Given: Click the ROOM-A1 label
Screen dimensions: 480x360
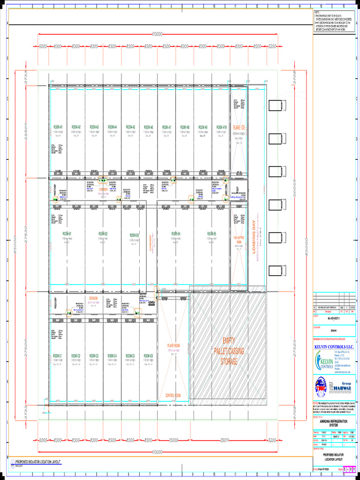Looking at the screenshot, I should pos(58,127).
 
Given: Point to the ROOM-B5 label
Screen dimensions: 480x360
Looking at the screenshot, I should pos(212,234).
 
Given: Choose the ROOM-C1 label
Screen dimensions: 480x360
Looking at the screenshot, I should pos(58,356).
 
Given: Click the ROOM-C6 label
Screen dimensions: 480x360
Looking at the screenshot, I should pos(148,356).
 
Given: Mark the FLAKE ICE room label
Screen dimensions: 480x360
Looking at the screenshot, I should pos(239,127).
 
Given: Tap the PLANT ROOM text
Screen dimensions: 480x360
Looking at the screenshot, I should pos(173,346).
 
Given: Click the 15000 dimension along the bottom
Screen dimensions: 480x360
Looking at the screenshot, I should pos(173,440).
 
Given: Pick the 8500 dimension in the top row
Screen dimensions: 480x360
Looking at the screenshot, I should pos(257,46).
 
